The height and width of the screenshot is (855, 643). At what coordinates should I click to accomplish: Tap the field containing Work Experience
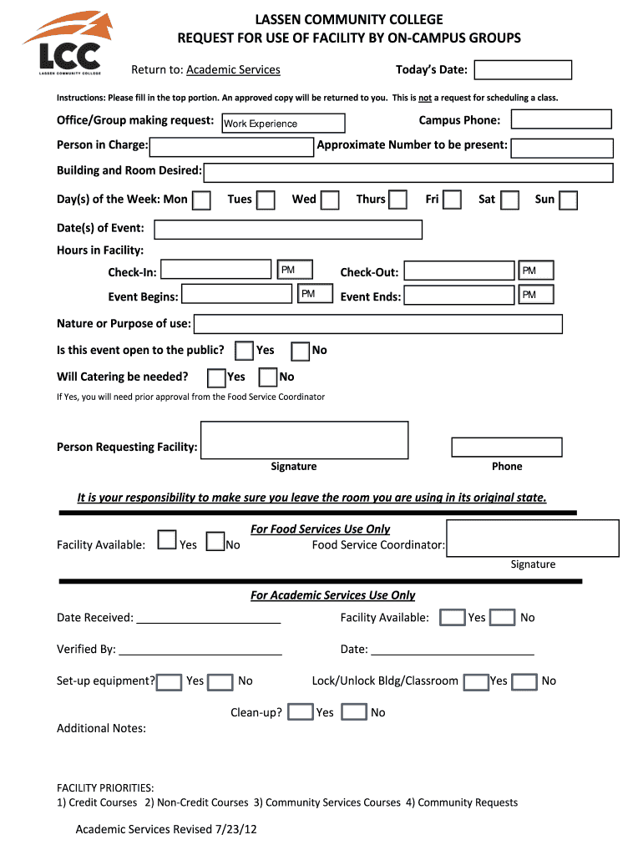[x=283, y=124]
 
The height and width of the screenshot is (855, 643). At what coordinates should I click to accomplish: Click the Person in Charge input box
[x=231, y=147]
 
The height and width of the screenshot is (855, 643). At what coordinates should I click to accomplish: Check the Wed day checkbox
[x=331, y=200]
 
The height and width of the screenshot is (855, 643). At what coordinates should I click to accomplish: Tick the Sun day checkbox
[x=568, y=200]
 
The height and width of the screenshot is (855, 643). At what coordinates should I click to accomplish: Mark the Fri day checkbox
[x=452, y=200]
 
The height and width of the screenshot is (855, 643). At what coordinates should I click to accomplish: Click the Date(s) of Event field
[x=288, y=230]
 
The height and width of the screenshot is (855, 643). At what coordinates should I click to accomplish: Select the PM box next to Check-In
[x=296, y=270]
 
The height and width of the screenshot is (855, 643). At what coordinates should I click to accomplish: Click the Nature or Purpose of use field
[x=378, y=324]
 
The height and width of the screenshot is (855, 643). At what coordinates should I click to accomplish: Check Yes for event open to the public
[x=245, y=351]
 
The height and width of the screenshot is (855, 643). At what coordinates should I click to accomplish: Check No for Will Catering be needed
[x=268, y=377]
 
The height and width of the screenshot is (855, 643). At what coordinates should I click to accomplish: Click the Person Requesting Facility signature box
[x=305, y=440]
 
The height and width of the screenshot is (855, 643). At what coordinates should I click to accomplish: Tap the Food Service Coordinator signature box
[x=533, y=538]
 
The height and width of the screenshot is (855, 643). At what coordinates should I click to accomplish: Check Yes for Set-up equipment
[x=169, y=682]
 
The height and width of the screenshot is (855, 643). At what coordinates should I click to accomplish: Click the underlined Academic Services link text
[x=233, y=70]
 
